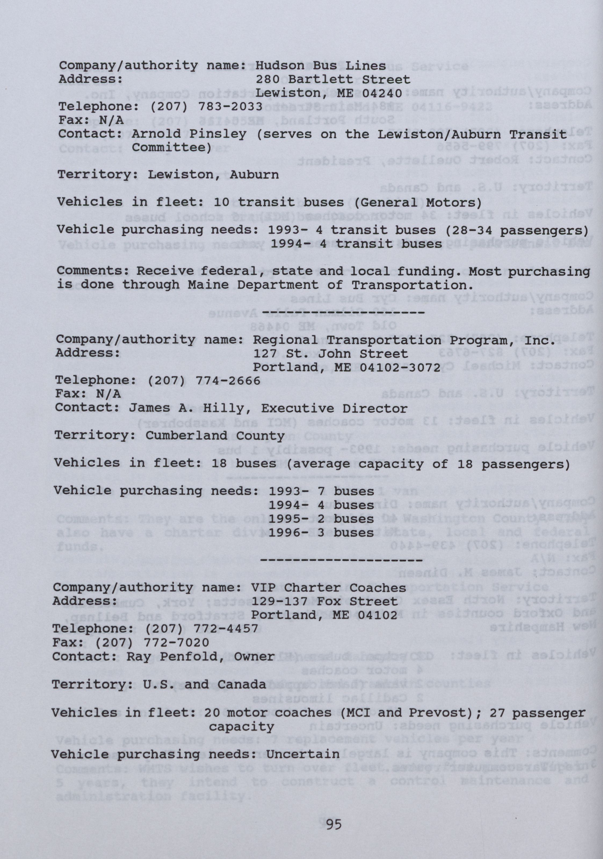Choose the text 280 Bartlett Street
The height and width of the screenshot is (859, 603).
333,79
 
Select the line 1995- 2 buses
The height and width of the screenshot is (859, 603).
321,519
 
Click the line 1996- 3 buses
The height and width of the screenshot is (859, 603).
321,533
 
